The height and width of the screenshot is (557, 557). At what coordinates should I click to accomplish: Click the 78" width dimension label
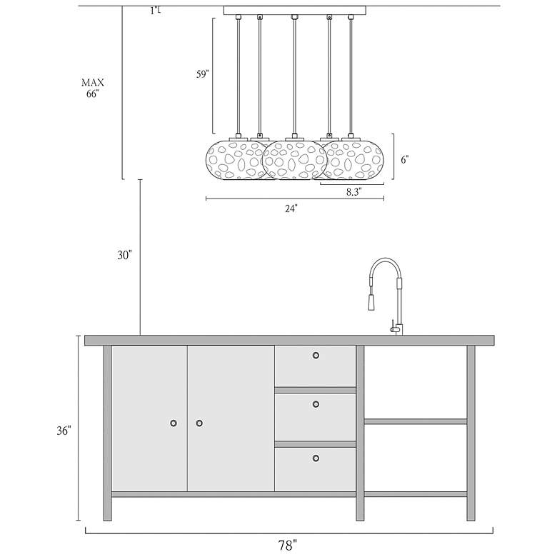point(287,545)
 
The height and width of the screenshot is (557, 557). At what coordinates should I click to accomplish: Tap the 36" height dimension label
point(64,431)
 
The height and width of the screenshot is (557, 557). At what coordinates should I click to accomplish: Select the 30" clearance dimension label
point(125,255)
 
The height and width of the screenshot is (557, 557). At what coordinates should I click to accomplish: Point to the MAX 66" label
point(93,88)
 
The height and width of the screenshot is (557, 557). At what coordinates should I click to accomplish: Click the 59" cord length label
point(203,74)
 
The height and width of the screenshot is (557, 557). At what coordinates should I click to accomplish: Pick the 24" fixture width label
point(291,209)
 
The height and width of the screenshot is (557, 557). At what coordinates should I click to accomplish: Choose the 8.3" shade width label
point(353,192)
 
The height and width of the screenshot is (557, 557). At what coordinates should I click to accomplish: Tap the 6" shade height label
point(405,160)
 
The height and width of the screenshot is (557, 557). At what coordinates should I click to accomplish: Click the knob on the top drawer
point(316,355)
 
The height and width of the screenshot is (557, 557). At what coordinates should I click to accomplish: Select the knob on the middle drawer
point(316,404)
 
